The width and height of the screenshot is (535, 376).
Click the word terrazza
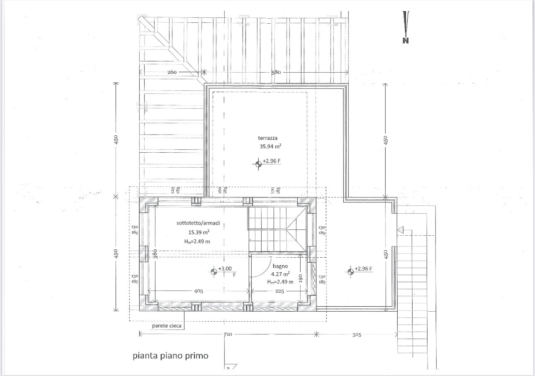click(268, 138)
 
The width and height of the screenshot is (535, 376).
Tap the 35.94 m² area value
click(270, 146)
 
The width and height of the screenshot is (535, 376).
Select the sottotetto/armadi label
click(198, 223)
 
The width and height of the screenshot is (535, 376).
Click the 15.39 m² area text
click(199, 232)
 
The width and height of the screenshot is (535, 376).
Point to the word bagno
click(280, 266)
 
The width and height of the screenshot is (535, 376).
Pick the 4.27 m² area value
click(281, 274)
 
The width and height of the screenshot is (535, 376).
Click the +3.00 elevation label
click(225, 269)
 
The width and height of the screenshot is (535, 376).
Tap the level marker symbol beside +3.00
click(214, 271)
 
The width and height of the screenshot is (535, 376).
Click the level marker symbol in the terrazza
click(258, 164)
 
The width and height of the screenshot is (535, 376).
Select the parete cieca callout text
click(167, 326)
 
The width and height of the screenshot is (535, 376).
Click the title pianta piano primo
click(170, 356)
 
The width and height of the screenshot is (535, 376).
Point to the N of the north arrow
click(406, 41)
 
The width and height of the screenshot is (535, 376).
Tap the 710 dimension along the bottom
click(228, 334)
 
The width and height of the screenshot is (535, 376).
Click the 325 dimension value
click(357, 335)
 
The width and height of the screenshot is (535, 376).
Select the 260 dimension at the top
click(172, 72)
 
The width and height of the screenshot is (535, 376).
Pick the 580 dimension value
click(276, 72)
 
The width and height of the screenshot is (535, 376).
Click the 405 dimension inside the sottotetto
click(199, 291)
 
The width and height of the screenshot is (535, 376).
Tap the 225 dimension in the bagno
click(280, 291)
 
